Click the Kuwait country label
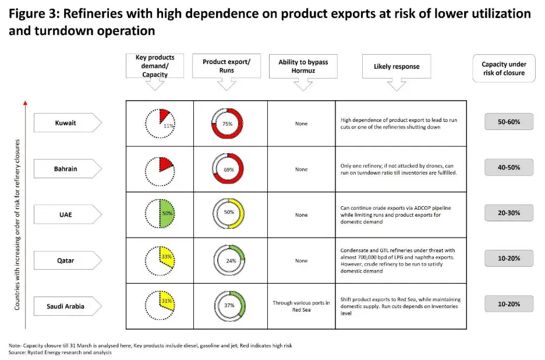pos(66,123)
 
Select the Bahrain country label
pos(66,169)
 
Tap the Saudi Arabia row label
pos(66,306)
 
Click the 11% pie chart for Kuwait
pos(160,123)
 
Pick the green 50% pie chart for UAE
pos(160,214)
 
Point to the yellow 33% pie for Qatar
pos(160,260)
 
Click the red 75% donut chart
pos(228,123)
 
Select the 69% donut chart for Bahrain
pos(228,169)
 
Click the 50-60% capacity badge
pos(508,122)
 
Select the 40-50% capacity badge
pos(508,168)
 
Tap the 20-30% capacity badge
pos(508,213)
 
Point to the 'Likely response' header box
pos(397,66)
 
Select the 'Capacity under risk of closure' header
pos(504,68)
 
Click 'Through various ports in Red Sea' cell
pos(301,306)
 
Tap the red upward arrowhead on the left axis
pos(25,104)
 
